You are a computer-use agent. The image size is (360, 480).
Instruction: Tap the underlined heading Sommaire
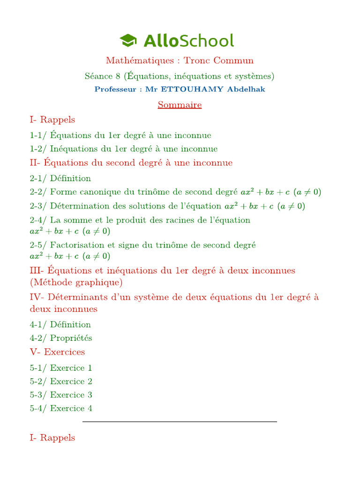tap(180, 105)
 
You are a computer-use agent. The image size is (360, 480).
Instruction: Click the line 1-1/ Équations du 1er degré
tap(120, 135)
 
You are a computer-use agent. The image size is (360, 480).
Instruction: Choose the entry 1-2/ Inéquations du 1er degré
tap(123, 149)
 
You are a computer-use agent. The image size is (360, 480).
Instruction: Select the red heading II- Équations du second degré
tap(131, 163)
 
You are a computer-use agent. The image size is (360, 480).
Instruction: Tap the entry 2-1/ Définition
tap(60, 179)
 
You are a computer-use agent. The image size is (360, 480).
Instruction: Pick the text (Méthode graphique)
tap(76, 283)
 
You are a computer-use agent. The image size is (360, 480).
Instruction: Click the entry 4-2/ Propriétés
tap(61, 338)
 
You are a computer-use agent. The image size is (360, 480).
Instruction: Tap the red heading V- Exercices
tap(57, 352)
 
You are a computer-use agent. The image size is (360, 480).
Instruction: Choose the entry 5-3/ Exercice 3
tap(61, 395)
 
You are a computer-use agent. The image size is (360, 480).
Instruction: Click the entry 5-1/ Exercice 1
tap(61, 368)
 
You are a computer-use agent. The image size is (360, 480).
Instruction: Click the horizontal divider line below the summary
tap(180, 422)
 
